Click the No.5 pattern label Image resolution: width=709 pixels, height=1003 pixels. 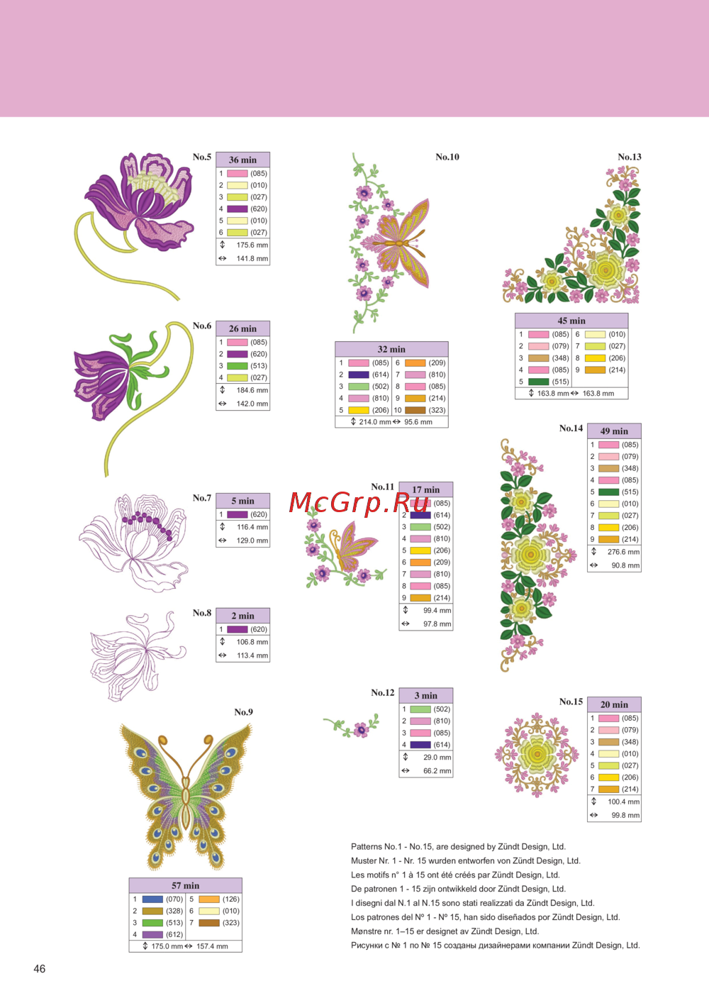202,157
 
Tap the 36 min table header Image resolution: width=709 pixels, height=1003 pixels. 242,160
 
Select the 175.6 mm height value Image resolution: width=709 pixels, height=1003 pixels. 252,245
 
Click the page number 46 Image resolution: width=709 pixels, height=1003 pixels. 40,968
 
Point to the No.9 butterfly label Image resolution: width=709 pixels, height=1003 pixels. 243,712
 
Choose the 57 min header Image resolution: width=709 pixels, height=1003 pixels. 185,886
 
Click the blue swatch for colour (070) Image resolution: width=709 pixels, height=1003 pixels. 152,899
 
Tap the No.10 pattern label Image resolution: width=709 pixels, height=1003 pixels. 447,157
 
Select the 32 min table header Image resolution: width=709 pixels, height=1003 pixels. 391,349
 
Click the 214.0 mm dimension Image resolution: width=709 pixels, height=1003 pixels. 374,422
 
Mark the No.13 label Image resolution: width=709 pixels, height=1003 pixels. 630,157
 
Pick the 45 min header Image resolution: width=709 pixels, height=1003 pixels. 571,321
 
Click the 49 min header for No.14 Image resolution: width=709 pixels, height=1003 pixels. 614,431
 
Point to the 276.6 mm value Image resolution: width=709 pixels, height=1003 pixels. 623,552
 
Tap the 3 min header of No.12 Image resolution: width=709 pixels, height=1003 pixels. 425,696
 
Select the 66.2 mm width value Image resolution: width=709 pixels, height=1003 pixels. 437,771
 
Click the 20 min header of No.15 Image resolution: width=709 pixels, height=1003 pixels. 614,705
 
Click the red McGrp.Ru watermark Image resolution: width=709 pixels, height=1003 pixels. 359,502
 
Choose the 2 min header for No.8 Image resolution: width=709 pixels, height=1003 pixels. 242,616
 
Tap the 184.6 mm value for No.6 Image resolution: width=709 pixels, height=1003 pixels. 252,390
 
